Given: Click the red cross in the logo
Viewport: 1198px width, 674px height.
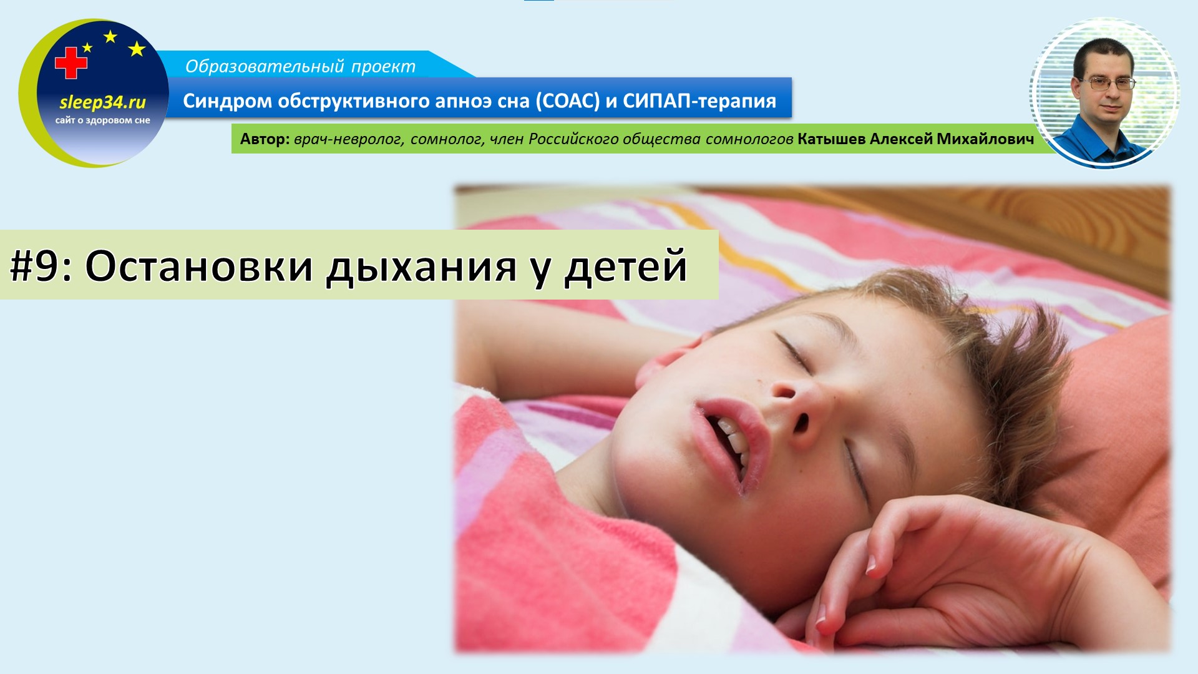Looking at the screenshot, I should click(71, 63).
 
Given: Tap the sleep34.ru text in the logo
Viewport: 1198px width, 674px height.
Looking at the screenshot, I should click(102, 102).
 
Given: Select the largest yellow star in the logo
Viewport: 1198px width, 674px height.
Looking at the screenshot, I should click(137, 49).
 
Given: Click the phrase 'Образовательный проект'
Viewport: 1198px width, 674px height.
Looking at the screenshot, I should click(300, 66).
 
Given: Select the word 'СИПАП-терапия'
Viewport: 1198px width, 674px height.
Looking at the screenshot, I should click(699, 100).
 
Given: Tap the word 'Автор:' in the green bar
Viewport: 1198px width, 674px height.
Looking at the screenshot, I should click(265, 139).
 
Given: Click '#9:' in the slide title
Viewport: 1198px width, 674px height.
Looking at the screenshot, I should click(42, 266).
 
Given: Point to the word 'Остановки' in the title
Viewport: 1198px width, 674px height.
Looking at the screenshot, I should click(198, 266).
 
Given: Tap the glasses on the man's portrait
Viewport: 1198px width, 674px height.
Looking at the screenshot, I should click(1108, 84).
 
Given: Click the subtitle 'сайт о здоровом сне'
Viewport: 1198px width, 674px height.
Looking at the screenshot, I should click(102, 120).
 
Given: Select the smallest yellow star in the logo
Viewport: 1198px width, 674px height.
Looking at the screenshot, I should click(87, 47).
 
